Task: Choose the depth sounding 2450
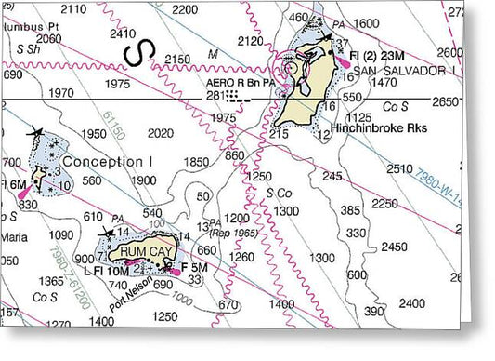tap(395, 247)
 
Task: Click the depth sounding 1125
tap(358, 118)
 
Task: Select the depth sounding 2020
tap(161, 134)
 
